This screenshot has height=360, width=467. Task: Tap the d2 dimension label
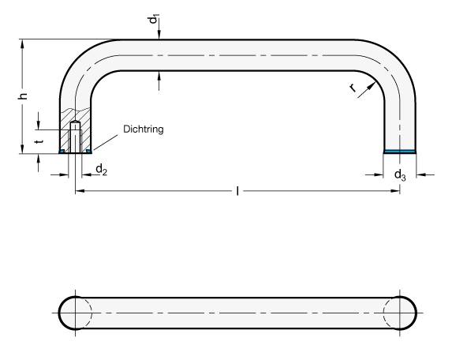(x=101, y=171)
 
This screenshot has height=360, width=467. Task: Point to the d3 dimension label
(x=401, y=174)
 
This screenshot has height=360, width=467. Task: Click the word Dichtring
(x=143, y=129)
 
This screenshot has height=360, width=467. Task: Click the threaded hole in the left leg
(x=76, y=137)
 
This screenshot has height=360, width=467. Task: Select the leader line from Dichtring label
(x=106, y=141)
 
